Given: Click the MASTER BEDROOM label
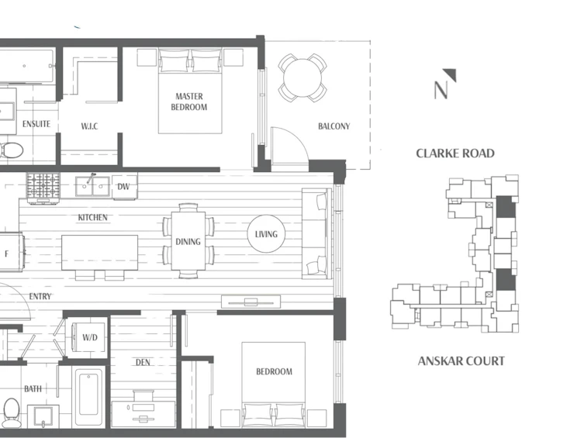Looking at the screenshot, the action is [x=188, y=102].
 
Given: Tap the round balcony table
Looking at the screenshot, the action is [x=302, y=78].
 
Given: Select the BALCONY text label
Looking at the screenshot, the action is [x=334, y=126].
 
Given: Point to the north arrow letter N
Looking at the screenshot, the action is [x=441, y=90].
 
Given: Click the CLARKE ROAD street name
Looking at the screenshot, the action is [x=455, y=153].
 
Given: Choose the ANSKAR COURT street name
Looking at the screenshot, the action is [x=461, y=361].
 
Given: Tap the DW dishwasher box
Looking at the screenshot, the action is [x=124, y=187].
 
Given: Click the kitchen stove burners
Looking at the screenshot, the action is [x=43, y=186].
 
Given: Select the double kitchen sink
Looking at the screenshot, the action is [x=92, y=186].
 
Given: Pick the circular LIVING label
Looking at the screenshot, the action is [x=266, y=234].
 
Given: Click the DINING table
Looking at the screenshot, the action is [x=188, y=241].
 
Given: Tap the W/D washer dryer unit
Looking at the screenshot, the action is [x=89, y=337].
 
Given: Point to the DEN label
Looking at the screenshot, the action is [x=143, y=362].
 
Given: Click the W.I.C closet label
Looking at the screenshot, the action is [x=89, y=126].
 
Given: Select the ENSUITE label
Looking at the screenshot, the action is [x=36, y=124].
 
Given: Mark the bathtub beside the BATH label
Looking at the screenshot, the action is [x=89, y=397].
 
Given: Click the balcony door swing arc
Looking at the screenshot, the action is [x=296, y=138].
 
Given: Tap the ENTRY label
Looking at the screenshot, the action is [x=40, y=297].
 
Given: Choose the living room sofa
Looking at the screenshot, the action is [x=316, y=233].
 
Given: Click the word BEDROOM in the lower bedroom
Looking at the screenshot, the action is [x=274, y=371].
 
